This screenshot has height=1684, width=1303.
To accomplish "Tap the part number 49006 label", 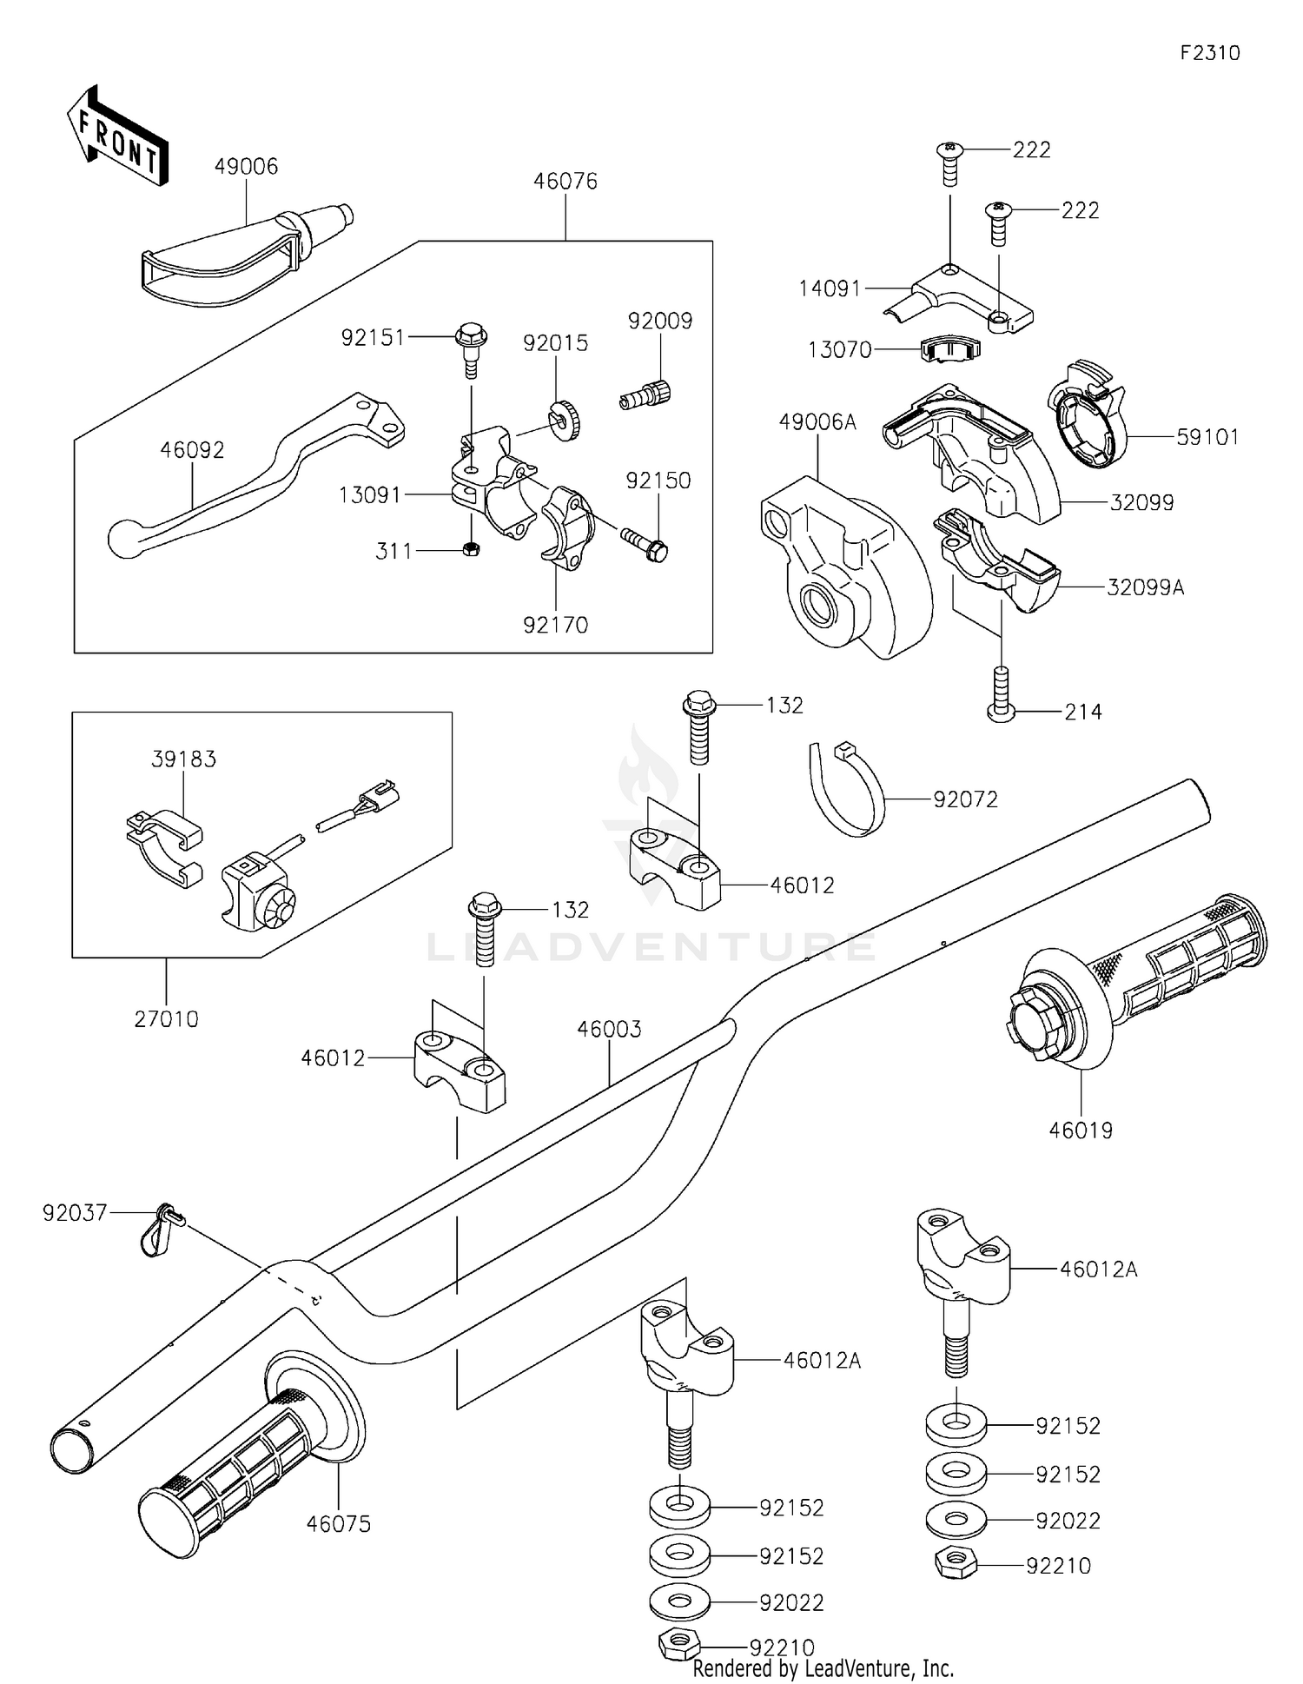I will click(246, 167).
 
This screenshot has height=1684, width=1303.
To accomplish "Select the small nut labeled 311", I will click(470, 549).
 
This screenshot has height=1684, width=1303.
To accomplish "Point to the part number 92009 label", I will click(660, 322).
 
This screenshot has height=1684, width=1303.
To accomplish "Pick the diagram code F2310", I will click(1209, 53).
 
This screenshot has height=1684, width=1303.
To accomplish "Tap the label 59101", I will click(1207, 437).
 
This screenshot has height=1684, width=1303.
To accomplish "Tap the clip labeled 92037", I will click(159, 1228).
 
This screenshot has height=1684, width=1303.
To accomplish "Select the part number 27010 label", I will click(166, 1019).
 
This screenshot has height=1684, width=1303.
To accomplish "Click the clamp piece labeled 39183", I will click(162, 847).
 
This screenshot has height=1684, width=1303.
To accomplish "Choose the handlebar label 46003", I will click(609, 1030).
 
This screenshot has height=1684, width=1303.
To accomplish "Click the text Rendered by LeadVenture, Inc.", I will click(823, 1668).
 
